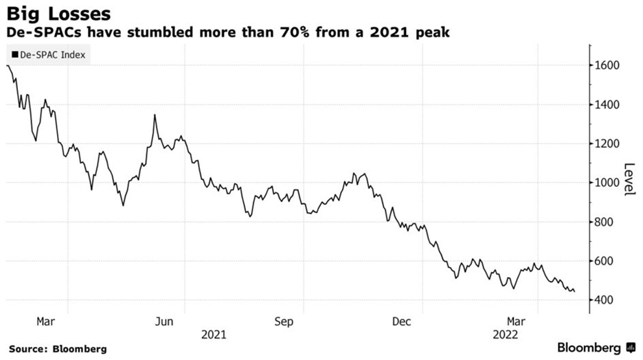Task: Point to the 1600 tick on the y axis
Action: click(x=607, y=66)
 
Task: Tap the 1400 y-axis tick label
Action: click(x=607, y=105)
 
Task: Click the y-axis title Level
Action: click(x=628, y=179)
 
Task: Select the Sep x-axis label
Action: click(x=284, y=322)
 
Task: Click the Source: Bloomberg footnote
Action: click(x=58, y=349)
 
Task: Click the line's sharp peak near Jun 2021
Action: click(x=155, y=115)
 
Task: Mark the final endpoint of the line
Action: click(x=574, y=291)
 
